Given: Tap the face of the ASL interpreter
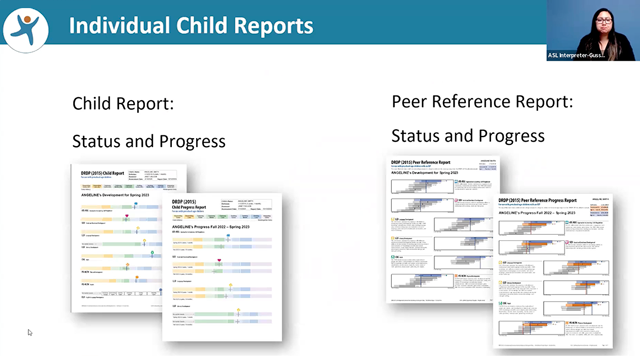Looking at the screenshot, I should pyautogui.click(x=592, y=22).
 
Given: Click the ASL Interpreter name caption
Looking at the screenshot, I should pyautogui.click(x=592, y=55).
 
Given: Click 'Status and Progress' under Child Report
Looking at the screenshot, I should pyautogui.click(x=148, y=141).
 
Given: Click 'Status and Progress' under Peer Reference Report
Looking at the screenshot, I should pyautogui.click(x=467, y=135).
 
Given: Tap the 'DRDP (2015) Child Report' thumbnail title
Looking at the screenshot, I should pyautogui.click(x=103, y=172).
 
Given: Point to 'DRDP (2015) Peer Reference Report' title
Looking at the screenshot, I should pyautogui.click(x=425, y=161).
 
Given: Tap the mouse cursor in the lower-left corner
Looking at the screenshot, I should pyautogui.click(x=29, y=332).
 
